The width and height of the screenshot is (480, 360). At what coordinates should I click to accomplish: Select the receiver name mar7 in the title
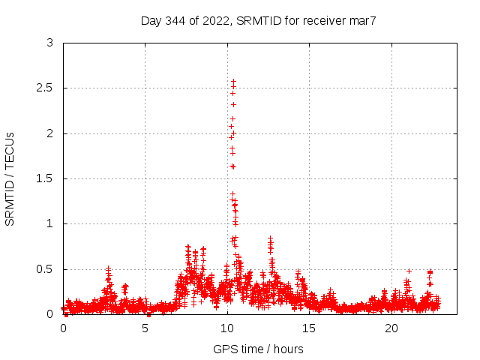[x=361, y=20]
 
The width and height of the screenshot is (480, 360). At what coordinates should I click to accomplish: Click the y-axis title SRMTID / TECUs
[x=10, y=178]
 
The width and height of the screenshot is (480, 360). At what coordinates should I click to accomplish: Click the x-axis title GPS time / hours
[x=258, y=349]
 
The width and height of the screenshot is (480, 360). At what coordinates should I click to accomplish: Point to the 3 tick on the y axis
[x=49, y=43]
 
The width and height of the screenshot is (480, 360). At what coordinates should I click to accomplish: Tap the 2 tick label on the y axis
[x=49, y=133]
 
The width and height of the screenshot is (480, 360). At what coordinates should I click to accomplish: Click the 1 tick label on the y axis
[x=49, y=223]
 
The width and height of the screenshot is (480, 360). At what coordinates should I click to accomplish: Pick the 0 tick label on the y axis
[x=49, y=314]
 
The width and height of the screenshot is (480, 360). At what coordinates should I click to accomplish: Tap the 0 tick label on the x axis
[x=63, y=328]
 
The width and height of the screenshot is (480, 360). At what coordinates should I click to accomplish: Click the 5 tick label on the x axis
[x=145, y=328]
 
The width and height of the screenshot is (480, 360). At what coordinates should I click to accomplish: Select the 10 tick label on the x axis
[x=227, y=328]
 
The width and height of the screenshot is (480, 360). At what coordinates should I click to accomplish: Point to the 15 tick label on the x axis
[x=310, y=328]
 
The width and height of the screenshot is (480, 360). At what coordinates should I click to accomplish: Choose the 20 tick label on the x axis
[x=391, y=328]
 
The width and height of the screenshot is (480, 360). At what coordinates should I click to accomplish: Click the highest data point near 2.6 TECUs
[x=233, y=81]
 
